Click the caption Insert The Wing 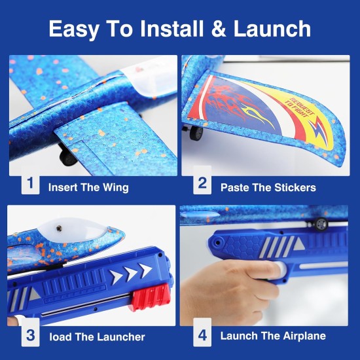tap(88, 187)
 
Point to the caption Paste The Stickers tap(268, 187)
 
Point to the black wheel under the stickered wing tap(196, 133)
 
